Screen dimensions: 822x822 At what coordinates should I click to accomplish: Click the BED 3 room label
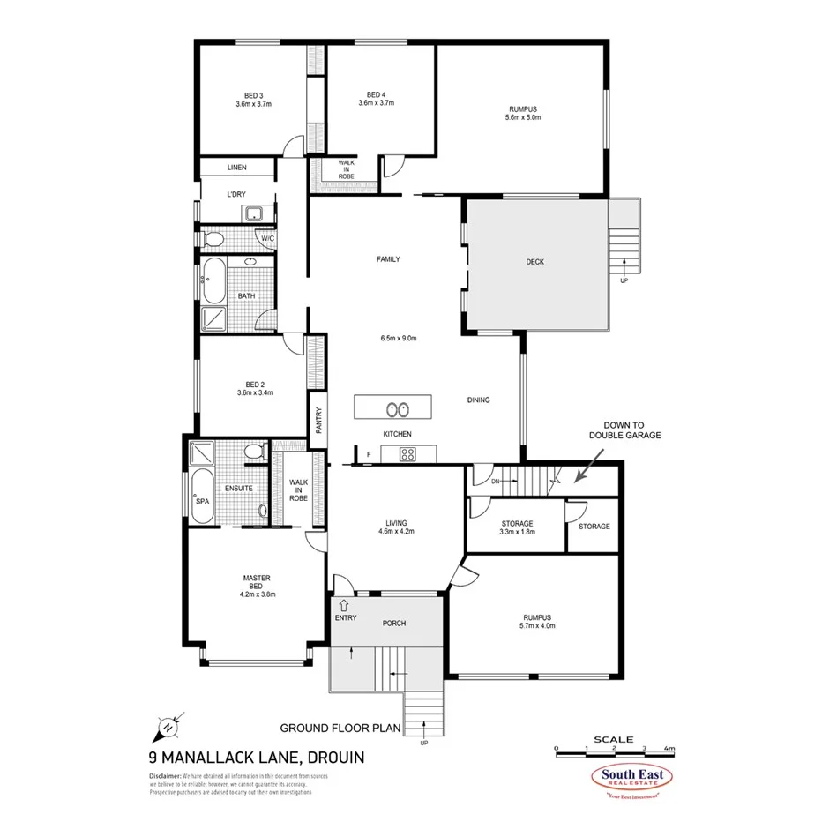(x=253, y=94)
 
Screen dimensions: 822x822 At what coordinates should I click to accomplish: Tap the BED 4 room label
(x=376, y=94)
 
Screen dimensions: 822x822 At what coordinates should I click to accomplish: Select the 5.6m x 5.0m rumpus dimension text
(x=521, y=117)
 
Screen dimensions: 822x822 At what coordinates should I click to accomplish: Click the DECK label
(x=535, y=261)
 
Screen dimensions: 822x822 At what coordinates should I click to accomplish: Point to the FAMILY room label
(x=388, y=259)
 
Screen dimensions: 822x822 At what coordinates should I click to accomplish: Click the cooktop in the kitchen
(x=407, y=454)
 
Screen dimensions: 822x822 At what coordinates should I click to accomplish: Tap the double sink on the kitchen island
(x=395, y=408)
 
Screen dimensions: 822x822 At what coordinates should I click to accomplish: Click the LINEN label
(x=236, y=167)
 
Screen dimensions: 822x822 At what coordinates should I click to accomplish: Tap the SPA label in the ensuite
(x=202, y=501)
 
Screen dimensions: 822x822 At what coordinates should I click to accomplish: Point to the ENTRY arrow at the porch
(x=341, y=605)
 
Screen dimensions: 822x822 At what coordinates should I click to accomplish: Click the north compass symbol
(x=166, y=728)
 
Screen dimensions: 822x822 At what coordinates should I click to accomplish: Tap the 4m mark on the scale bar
(x=670, y=748)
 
